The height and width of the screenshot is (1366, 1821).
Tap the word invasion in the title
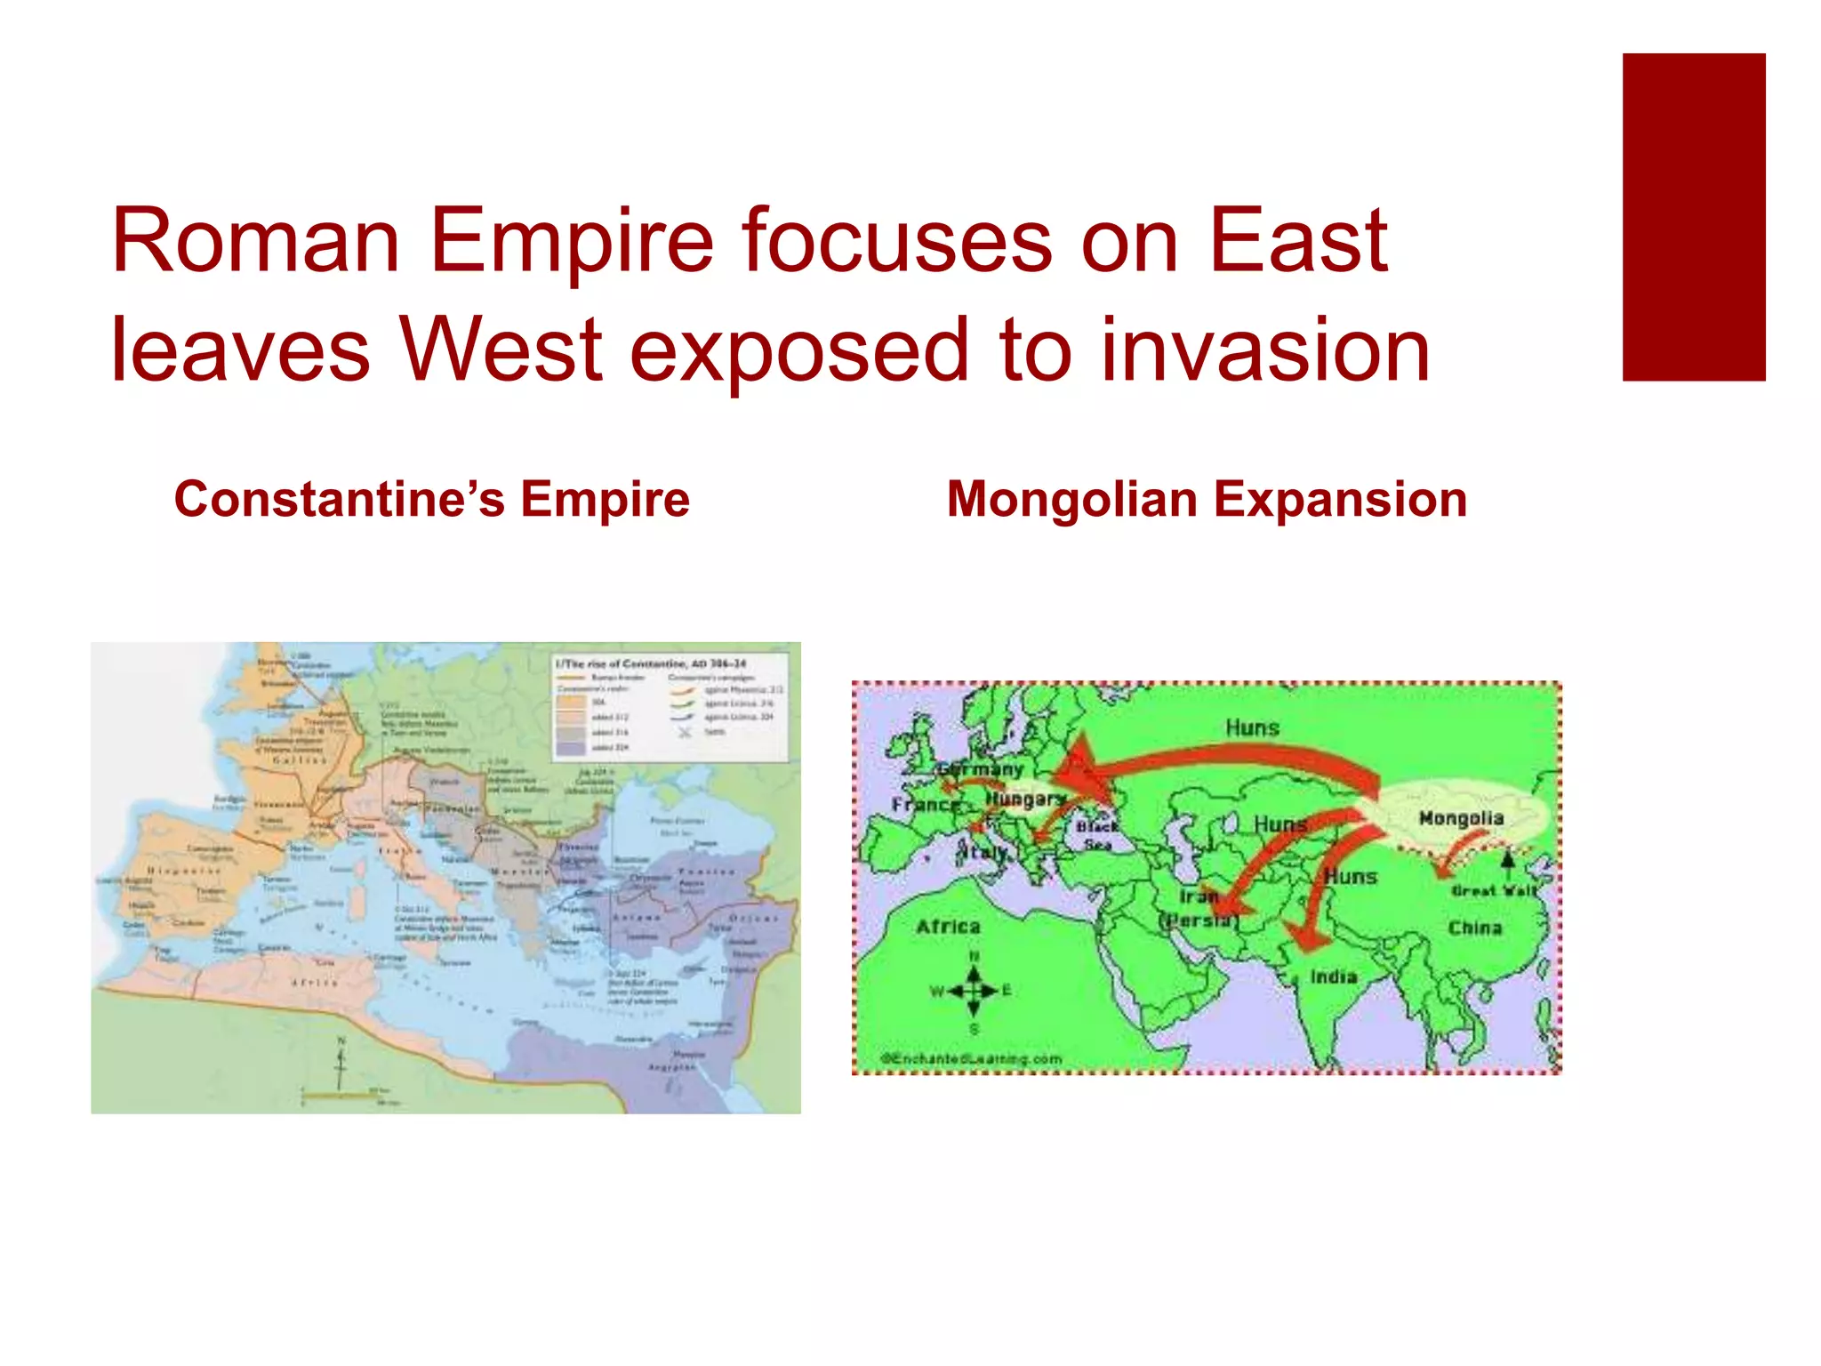pyautogui.click(x=1264, y=350)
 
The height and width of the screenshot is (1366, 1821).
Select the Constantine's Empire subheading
pyautogui.click(x=431, y=499)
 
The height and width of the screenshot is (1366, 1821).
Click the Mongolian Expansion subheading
pyautogui.click(x=1207, y=499)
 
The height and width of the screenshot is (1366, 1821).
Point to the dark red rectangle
pyautogui.click(x=1693, y=217)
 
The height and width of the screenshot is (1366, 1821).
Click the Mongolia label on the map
pyautogui.click(x=1461, y=817)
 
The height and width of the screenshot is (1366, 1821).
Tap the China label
pyautogui.click(x=1474, y=928)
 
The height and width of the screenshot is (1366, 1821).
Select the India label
pyautogui.click(x=1333, y=976)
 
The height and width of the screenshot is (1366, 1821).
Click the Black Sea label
pyautogui.click(x=1097, y=835)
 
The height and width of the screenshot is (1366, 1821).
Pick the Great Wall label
pyautogui.click(x=1494, y=890)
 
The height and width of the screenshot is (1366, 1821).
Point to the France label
pyautogui.click(x=925, y=805)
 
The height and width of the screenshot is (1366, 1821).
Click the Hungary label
pyautogui.click(x=1024, y=800)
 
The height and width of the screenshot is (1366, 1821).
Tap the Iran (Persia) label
pyautogui.click(x=1199, y=908)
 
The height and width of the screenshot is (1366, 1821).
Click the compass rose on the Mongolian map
pyautogui.click(x=974, y=991)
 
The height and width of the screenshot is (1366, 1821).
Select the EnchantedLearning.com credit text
pyautogui.click(x=971, y=1058)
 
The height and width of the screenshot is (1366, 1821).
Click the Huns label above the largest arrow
pyautogui.click(x=1252, y=727)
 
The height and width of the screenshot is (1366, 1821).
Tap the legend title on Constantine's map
pyautogui.click(x=651, y=663)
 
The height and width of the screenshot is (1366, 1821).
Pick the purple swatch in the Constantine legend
pyautogui.click(x=571, y=748)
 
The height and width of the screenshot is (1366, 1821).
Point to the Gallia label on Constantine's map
pyautogui.click(x=300, y=760)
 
